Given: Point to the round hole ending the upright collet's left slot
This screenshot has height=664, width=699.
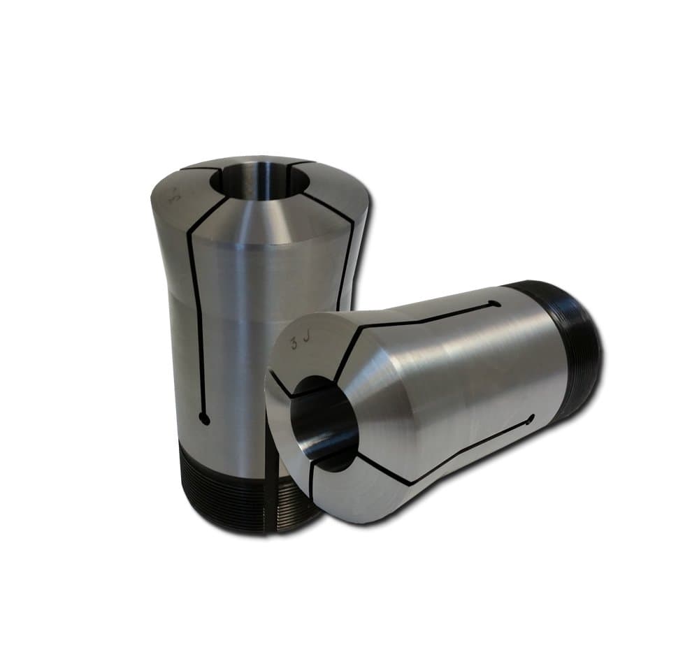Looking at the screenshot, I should pyautogui.click(x=203, y=417).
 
